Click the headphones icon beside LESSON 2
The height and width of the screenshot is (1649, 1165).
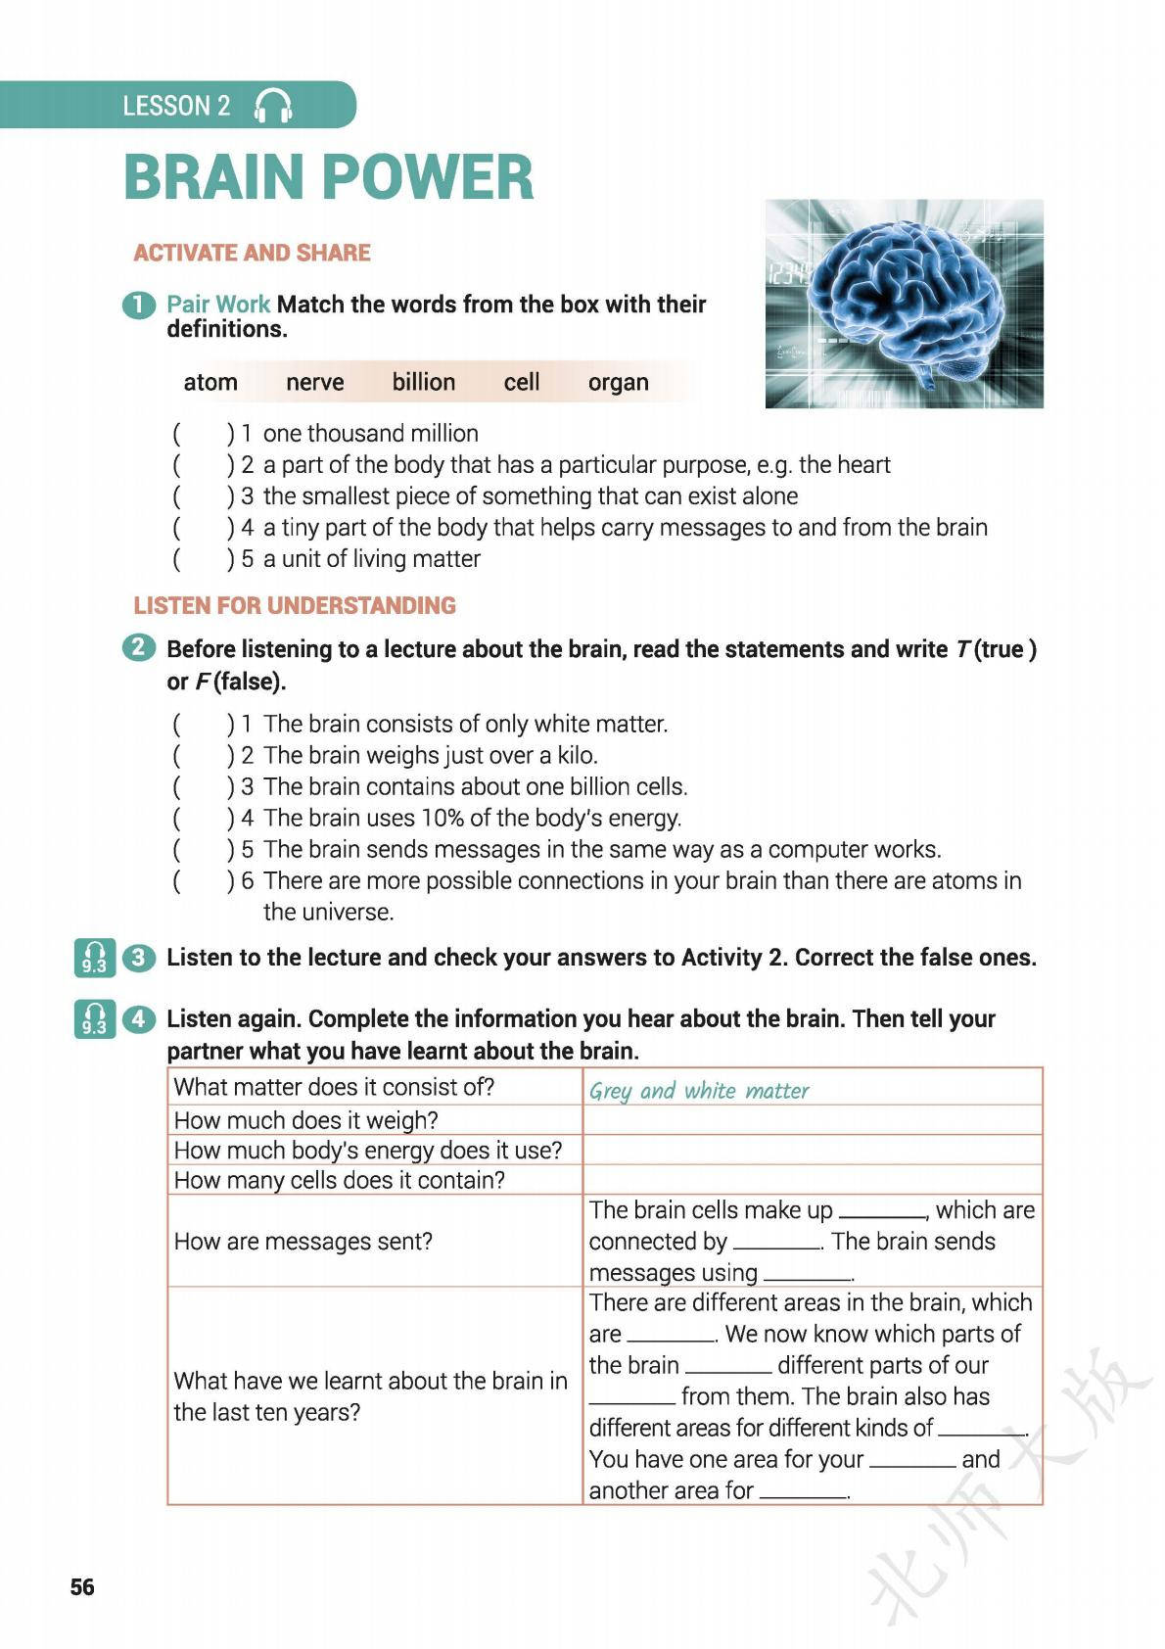click(x=273, y=106)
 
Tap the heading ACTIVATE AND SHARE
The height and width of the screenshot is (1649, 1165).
click(x=252, y=253)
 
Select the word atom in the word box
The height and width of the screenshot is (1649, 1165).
click(x=210, y=382)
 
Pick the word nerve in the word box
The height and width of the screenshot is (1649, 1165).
click(x=314, y=382)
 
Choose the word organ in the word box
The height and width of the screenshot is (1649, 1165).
click(x=618, y=382)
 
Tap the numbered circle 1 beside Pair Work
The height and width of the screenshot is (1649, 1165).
click(x=139, y=305)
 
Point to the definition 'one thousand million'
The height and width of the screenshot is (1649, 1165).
click(x=370, y=433)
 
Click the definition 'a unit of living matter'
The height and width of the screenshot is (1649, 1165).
click(x=371, y=558)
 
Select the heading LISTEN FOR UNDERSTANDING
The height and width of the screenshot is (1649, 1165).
click(x=295, y=605)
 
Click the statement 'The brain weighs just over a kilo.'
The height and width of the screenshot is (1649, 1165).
click(x=430, y=755)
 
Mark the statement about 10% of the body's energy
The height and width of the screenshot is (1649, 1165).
click(x=472, y=818)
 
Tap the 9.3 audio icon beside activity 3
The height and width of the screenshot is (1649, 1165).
click(x=94, y=958)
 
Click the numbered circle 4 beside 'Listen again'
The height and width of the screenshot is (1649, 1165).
click(x=139, y=1018)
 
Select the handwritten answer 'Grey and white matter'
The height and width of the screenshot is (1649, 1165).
click(x=699, y=1090)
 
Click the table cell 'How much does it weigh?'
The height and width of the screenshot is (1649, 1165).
click(x=305, y=1119)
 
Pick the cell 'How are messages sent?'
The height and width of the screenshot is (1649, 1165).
click(x=303, y=1241)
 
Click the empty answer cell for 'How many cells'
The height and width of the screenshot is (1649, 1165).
click(x=812, y=1179)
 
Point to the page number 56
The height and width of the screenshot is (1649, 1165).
click(x=82, y=1586)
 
